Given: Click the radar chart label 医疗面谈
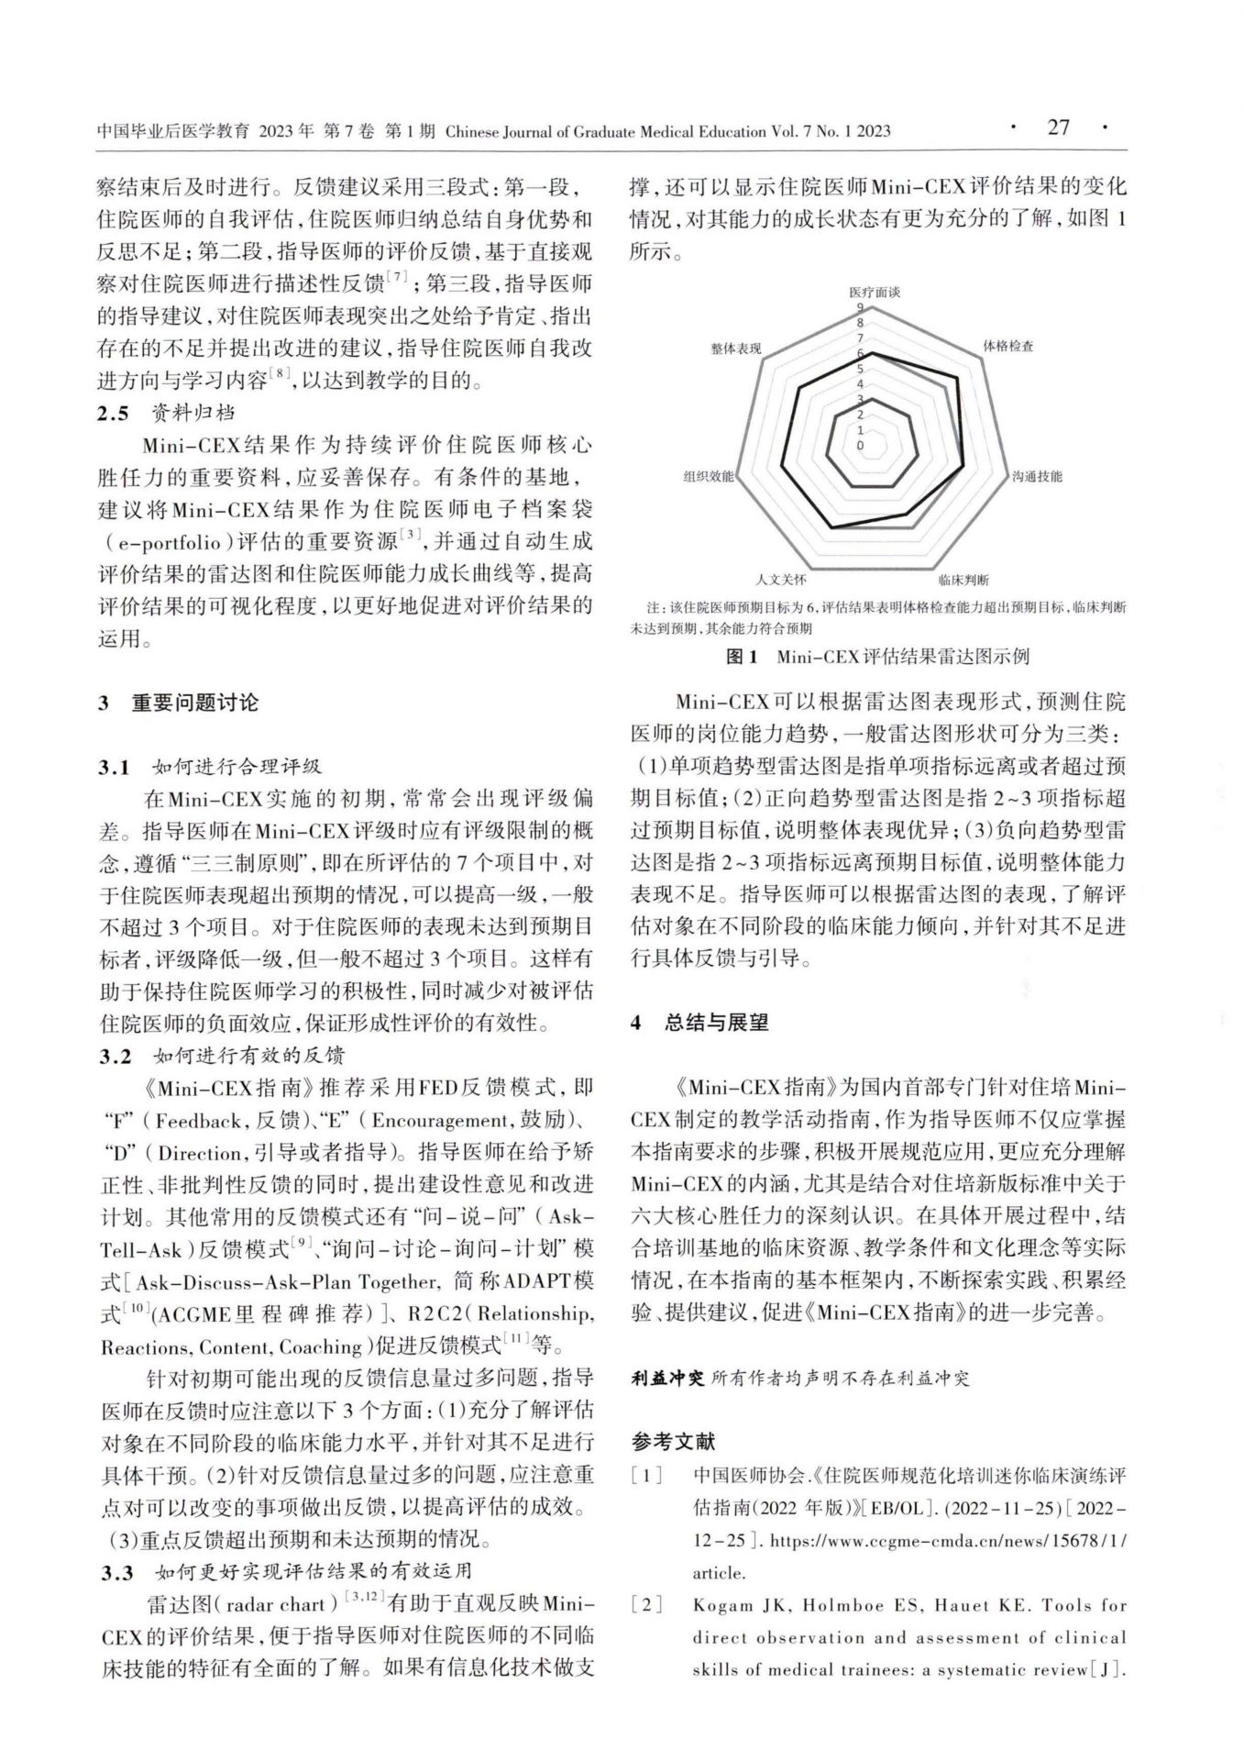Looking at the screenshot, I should click(x=874, y=292).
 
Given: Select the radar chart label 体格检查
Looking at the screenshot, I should click(x=1008, y=346).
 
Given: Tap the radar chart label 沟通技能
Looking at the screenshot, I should click(x=1037, y=476).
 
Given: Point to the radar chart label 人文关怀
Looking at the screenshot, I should click(x=781, y=580).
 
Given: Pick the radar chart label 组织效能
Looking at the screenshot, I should click(x=709, y=476).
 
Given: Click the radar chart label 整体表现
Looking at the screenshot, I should click(x=735, y=349).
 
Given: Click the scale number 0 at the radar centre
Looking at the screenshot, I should click(x=860, y=445).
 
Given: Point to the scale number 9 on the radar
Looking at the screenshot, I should click(x=860, y=308).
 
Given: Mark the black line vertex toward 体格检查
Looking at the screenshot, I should click(x=958, y=378).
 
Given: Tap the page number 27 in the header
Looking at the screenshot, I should click(x=1059, y=128).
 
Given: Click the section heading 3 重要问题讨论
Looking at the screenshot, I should click(x=179, y=703).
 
